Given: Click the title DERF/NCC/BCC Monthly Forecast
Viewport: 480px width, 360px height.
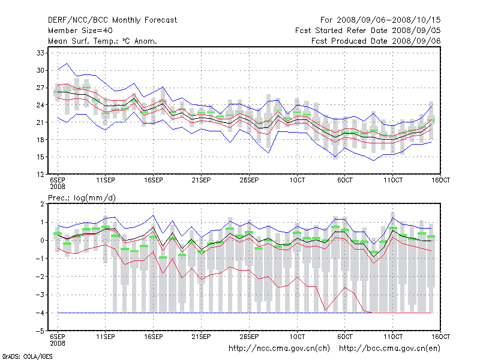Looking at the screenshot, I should coord(112,20).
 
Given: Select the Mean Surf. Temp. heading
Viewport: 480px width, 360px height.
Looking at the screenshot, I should coord(103,41).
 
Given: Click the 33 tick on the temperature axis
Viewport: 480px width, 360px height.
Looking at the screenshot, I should coord(41,53).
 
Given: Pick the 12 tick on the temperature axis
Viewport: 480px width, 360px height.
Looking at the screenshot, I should coord(41,175).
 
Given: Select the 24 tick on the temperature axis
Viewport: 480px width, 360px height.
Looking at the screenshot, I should coord(41,105).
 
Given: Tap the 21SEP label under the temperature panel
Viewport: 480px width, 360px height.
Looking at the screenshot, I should coord(201,180).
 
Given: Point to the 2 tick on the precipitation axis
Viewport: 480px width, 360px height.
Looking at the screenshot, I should coord(42,204).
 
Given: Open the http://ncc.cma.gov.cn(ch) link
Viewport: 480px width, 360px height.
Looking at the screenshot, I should coord(279,348).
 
